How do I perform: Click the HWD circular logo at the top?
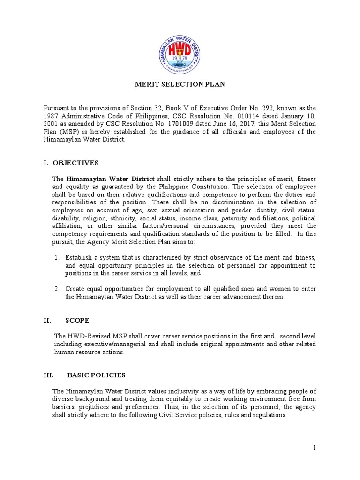click(x=180, y=50)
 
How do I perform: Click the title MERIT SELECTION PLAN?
click(x=180, y=84)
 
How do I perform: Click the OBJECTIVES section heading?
click(x=76, y=163)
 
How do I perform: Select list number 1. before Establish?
click(x=57, y=257)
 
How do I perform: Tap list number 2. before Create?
click(x=57, y=289)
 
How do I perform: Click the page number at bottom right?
click(x=315, y=448)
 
